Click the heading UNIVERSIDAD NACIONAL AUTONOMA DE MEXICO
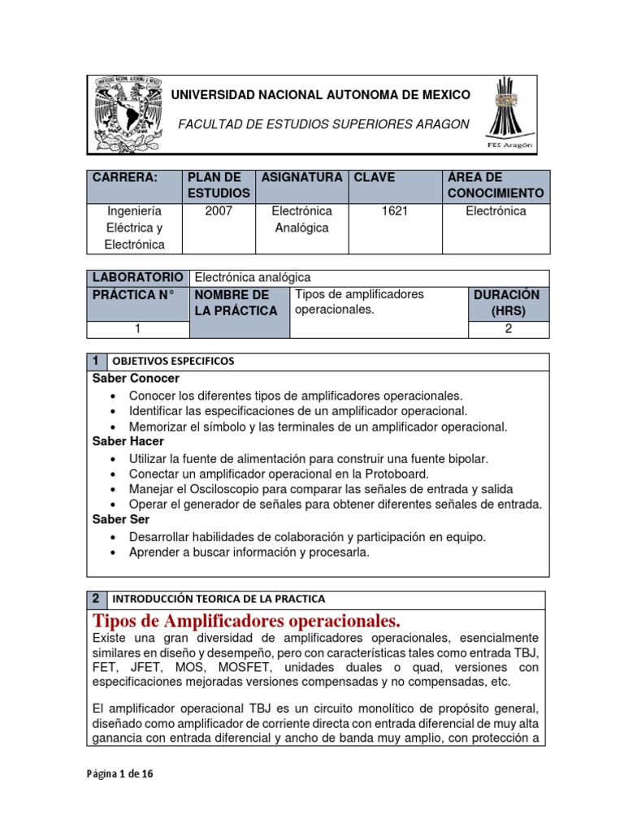point(320,95)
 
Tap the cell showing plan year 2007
point(219,211)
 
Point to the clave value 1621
point(393,211)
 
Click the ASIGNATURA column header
point(301,177)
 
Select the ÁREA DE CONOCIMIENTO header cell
point(495,185)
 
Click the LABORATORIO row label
point(137,278)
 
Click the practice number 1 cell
point(138,329)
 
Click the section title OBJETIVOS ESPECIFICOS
point(172,361)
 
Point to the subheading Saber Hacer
point(128,441)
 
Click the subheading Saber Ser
point(121,519)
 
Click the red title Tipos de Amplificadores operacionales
point(247,622)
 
